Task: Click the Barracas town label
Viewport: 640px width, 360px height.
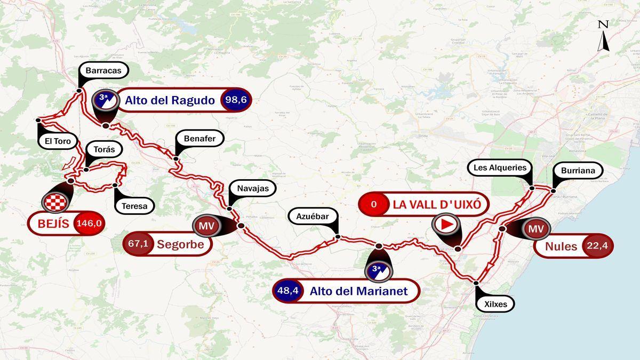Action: (x=103, y=70)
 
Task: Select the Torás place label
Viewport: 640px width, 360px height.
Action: (x=104, y=149)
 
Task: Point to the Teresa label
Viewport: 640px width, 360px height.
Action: (x=134, y=205)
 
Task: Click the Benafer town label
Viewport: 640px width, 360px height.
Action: (x=199, y=139)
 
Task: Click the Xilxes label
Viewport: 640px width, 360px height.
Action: (x=495, y=305)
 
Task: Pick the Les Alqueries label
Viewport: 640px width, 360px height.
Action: (x=500, y=167)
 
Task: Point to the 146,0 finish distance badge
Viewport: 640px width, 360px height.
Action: (x=89, y=223)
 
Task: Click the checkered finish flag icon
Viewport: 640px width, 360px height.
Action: (x=57, y=202)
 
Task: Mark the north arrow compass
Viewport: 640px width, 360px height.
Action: (x=603, y=36)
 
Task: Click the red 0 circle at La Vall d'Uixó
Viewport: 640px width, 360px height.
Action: (x=373, y=204)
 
